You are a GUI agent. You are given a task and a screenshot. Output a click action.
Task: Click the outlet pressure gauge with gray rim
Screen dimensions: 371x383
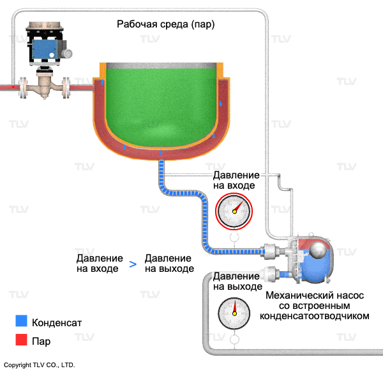[x=234, y=313]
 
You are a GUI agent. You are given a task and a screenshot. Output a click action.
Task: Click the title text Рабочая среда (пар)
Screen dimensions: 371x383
[x=165, y=25]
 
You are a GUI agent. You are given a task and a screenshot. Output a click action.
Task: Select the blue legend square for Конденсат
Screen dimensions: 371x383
[x=22, y=322]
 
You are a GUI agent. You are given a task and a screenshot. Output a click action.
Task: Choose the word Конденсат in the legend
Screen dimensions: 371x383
[x=57, y=322]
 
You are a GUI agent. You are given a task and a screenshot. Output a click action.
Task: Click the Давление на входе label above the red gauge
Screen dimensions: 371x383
[x=236, y=180]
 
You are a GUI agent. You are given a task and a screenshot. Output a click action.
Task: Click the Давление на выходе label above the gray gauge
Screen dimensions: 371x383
[x=237, y=281]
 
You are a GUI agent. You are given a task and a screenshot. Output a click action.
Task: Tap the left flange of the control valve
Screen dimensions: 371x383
[x=23, y=86]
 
